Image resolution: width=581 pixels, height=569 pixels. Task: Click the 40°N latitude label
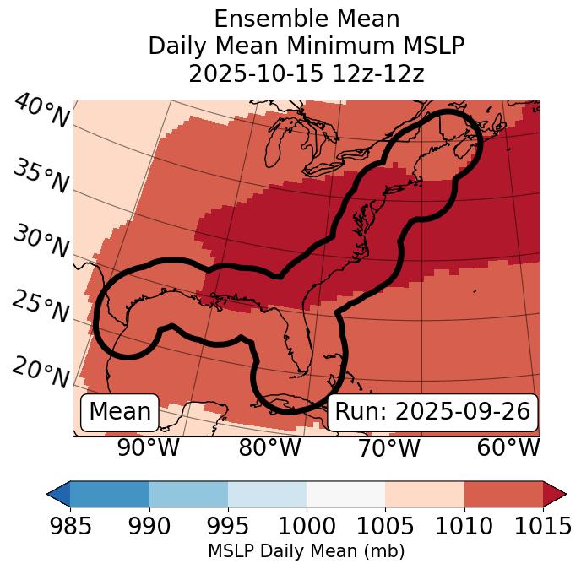pyautogui.click(x=41, y=112)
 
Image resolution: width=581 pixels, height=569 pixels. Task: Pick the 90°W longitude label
pyautogui.click(x=148, y=448)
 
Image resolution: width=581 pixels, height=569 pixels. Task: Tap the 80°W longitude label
pyautogui.click(x=270, y=448)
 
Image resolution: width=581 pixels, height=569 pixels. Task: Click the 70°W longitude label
pyautogui.click(x=389, y=448)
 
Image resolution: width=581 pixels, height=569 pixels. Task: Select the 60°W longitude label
pyautogui.click(x=508, y=448)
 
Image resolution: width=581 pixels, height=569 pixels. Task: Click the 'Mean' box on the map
pyautogui.click(x=120, y=412)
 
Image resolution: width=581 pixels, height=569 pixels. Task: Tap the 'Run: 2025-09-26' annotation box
pyautogui.click(x=432, y=412)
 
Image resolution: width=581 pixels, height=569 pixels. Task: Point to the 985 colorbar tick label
pyautogui.click(x=70, y=526)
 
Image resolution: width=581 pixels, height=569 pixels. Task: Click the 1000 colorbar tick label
pyautogui.click(x=307, y=526)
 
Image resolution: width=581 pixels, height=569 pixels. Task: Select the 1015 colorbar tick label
pyautogui.click(x=541, y=526)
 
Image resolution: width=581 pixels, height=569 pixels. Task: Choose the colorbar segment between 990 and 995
pyautogui.click(x=188, y=493)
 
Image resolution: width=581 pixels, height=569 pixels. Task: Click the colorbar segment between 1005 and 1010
pyautogui.click(x=425, y=493)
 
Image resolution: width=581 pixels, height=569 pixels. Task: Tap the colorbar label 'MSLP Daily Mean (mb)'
pyautogui.click(x=307, y=552)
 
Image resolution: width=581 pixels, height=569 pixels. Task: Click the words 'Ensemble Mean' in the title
pyautogui.click(x=307, y=19)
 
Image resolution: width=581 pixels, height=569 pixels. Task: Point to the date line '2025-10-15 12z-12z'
pyautogui.click(x=307, y=73)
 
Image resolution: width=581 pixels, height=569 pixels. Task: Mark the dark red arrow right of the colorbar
pyautogui.click(x=554, y=493)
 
